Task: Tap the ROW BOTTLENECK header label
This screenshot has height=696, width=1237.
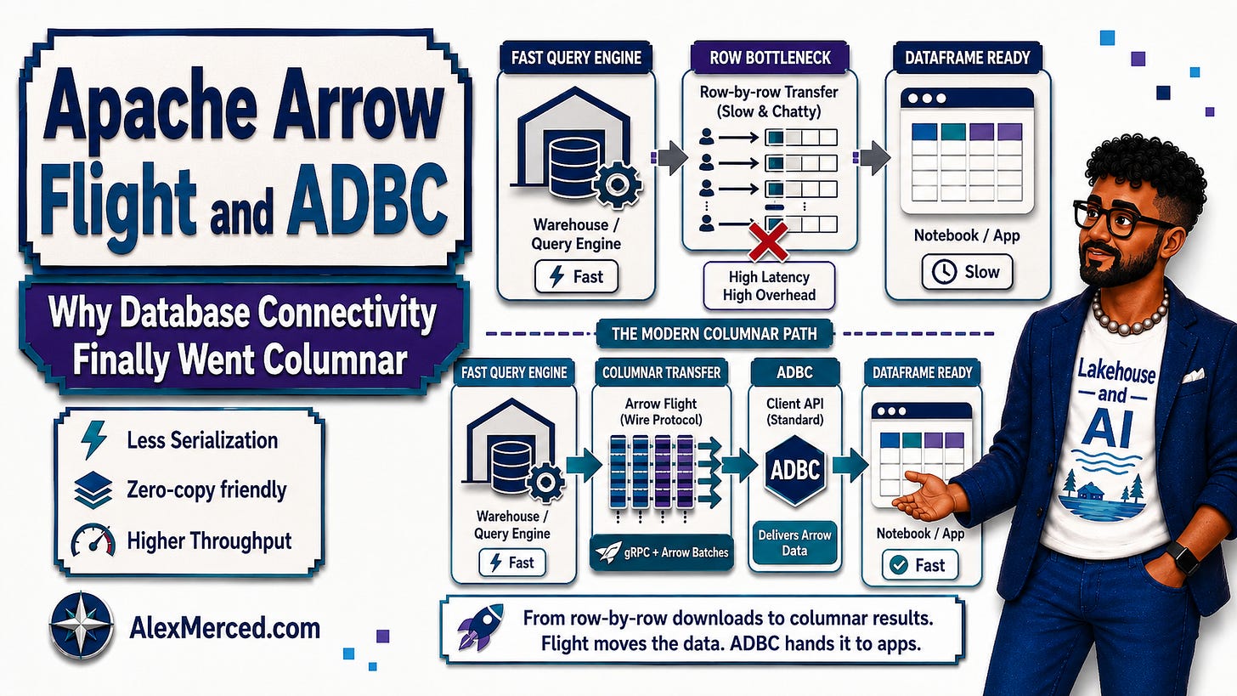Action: pyautogui.click(x=770, y=58)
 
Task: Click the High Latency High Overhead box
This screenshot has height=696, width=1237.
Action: pyautogui.click(x=769, y=286)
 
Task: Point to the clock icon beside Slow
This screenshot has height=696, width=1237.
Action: pyautogui.click(x=945, y=272)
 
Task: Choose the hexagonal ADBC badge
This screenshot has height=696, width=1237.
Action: pyautogui.click(x=795, y=470)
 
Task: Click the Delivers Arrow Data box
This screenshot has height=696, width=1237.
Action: pyautogui.click(x=794, y=542)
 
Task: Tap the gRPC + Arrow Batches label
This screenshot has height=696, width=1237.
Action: pyautogui.click(x=662, y=552)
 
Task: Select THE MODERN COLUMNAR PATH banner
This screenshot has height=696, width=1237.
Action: pyautogui.click(x=714, y=334)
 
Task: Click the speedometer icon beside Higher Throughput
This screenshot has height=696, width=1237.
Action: pyautogui.click(x=93, y=540)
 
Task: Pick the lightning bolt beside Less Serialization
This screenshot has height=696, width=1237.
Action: pyautogui.click(x=93, y=440)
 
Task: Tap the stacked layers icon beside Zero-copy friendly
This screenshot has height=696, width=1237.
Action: pyautogui.click(x=93, y=490)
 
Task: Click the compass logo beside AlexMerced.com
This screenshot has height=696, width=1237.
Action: pyautogui.click(x=82, y=625)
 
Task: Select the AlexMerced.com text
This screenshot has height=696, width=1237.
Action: pyautogui.click(x=225, y=628)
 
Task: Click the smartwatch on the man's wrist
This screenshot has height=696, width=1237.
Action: pyautogui.click(x=1183, y=557)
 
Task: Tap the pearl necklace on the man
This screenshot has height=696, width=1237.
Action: pyautogui.click(x=1130, y=314)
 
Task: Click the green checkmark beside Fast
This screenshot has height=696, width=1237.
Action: pyautogui.click(x=899, y=565)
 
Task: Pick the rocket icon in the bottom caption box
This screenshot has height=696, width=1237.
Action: pyautogui.click(x=480, y=627)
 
